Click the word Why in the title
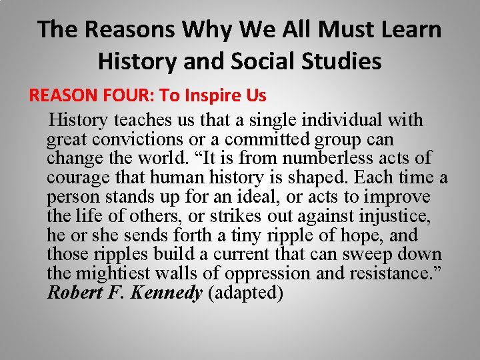(212, 30)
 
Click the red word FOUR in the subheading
(129, 95)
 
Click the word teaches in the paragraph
(143, 121)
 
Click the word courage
(73, 178)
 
